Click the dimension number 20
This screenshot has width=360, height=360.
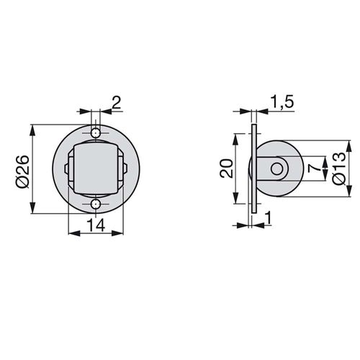tap(225, 170)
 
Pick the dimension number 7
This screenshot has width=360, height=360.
tap(311, 170)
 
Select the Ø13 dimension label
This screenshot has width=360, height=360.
tap(339, 170)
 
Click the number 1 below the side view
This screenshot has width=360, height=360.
tap(267, 217)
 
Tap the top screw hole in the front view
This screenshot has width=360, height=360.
tap(96, 133)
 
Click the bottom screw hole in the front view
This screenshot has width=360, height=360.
tap(96, 205)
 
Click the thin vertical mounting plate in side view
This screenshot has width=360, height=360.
tap(253, 170)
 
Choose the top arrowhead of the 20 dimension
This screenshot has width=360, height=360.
tap(237, 138)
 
